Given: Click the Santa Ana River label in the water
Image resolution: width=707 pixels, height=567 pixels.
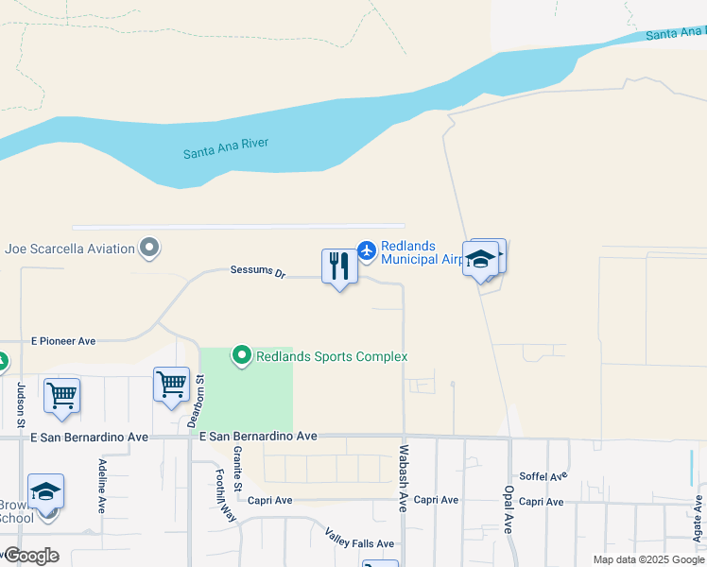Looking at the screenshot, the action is coord(226,146).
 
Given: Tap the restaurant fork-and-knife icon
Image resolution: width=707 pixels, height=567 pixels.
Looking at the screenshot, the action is coord(339,266).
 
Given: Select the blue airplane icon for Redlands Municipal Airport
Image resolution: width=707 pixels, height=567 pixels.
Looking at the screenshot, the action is coord(367,251).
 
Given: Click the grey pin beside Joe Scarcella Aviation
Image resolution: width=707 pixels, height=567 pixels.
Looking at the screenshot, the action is coord(149,249).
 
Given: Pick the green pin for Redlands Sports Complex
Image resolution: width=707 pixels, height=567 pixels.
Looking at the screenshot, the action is coord(242,356).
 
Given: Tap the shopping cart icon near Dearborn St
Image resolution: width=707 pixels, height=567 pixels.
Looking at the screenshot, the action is coord(171,385).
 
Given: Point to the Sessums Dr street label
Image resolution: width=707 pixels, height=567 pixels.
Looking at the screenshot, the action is coord(257,271).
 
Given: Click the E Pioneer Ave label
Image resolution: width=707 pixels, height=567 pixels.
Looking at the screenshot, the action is coord(63,340).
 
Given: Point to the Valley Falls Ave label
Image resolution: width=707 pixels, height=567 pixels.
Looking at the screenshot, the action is coord(359,543).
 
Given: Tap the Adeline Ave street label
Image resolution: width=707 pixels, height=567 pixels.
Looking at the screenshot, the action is coord(102,486).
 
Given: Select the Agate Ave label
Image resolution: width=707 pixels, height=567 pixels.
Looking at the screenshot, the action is coord(698,514).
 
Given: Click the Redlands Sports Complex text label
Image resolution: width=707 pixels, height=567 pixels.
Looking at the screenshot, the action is coord(332,356).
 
